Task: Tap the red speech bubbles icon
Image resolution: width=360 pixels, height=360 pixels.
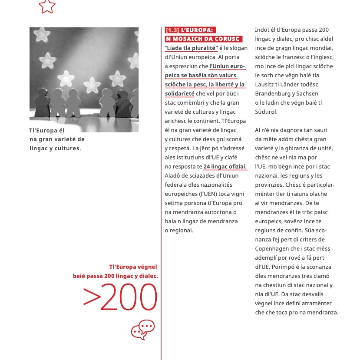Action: [x=143, y=330]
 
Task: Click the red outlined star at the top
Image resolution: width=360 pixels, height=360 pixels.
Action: [x=47, y=6]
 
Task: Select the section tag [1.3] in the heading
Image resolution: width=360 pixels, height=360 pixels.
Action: [x=172, y=30]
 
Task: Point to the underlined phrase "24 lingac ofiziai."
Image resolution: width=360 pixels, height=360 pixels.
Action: [x=225, y=166]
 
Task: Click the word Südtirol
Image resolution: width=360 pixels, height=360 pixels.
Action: [x=265, y=112]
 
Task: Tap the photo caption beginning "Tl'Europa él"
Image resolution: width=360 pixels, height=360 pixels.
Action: [x=56, y=139]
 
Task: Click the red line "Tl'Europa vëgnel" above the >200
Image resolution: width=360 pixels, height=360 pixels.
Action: [x=133, y=267]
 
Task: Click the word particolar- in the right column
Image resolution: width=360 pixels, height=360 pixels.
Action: [x=317, y=185]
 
